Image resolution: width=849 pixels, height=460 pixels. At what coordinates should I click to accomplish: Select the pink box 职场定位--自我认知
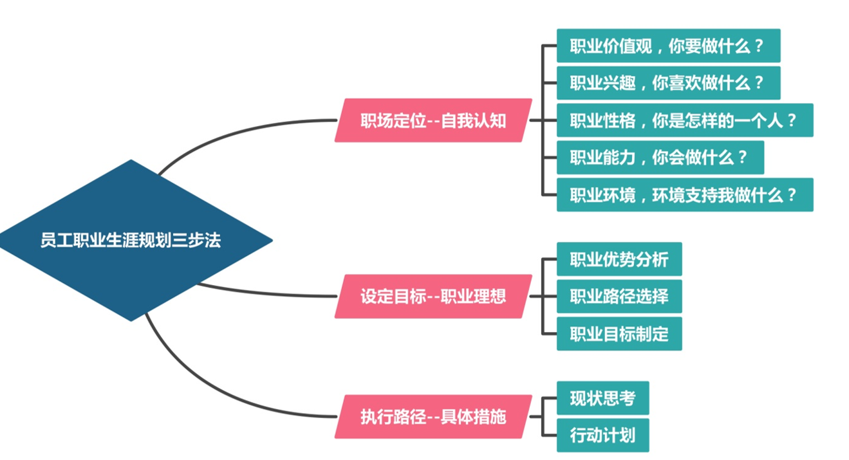coord(433,120)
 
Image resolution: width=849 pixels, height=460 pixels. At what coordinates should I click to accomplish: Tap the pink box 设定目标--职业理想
coord(433,297)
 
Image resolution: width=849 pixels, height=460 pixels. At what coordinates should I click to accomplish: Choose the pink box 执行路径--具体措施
coord(433,417)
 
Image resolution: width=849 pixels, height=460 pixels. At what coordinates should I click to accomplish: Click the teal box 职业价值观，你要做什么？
coord(668,46)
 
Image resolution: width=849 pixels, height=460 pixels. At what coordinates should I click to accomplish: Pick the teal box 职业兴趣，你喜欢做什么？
coord(668,83)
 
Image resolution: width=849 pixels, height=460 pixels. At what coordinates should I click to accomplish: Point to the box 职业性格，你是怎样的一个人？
coord(684,120)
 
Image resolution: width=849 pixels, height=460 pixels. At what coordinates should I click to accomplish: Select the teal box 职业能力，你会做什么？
coord(660,158)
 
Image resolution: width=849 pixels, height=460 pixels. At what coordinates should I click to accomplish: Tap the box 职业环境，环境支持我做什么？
coord(684,195)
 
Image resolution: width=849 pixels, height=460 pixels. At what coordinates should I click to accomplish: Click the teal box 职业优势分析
coord(619,259)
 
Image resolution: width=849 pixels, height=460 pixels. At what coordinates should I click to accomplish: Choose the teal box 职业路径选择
coord(619,297)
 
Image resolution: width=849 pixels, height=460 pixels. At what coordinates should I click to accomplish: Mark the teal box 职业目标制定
coord(619,334)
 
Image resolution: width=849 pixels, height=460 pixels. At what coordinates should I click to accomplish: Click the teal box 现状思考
coord(602,398)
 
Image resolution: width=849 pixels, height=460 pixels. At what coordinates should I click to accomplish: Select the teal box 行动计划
coord(602,436)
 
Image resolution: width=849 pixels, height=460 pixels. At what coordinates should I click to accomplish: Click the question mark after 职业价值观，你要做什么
coord(758,46)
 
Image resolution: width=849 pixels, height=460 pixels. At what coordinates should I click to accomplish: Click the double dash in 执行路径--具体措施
coord(434,418)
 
